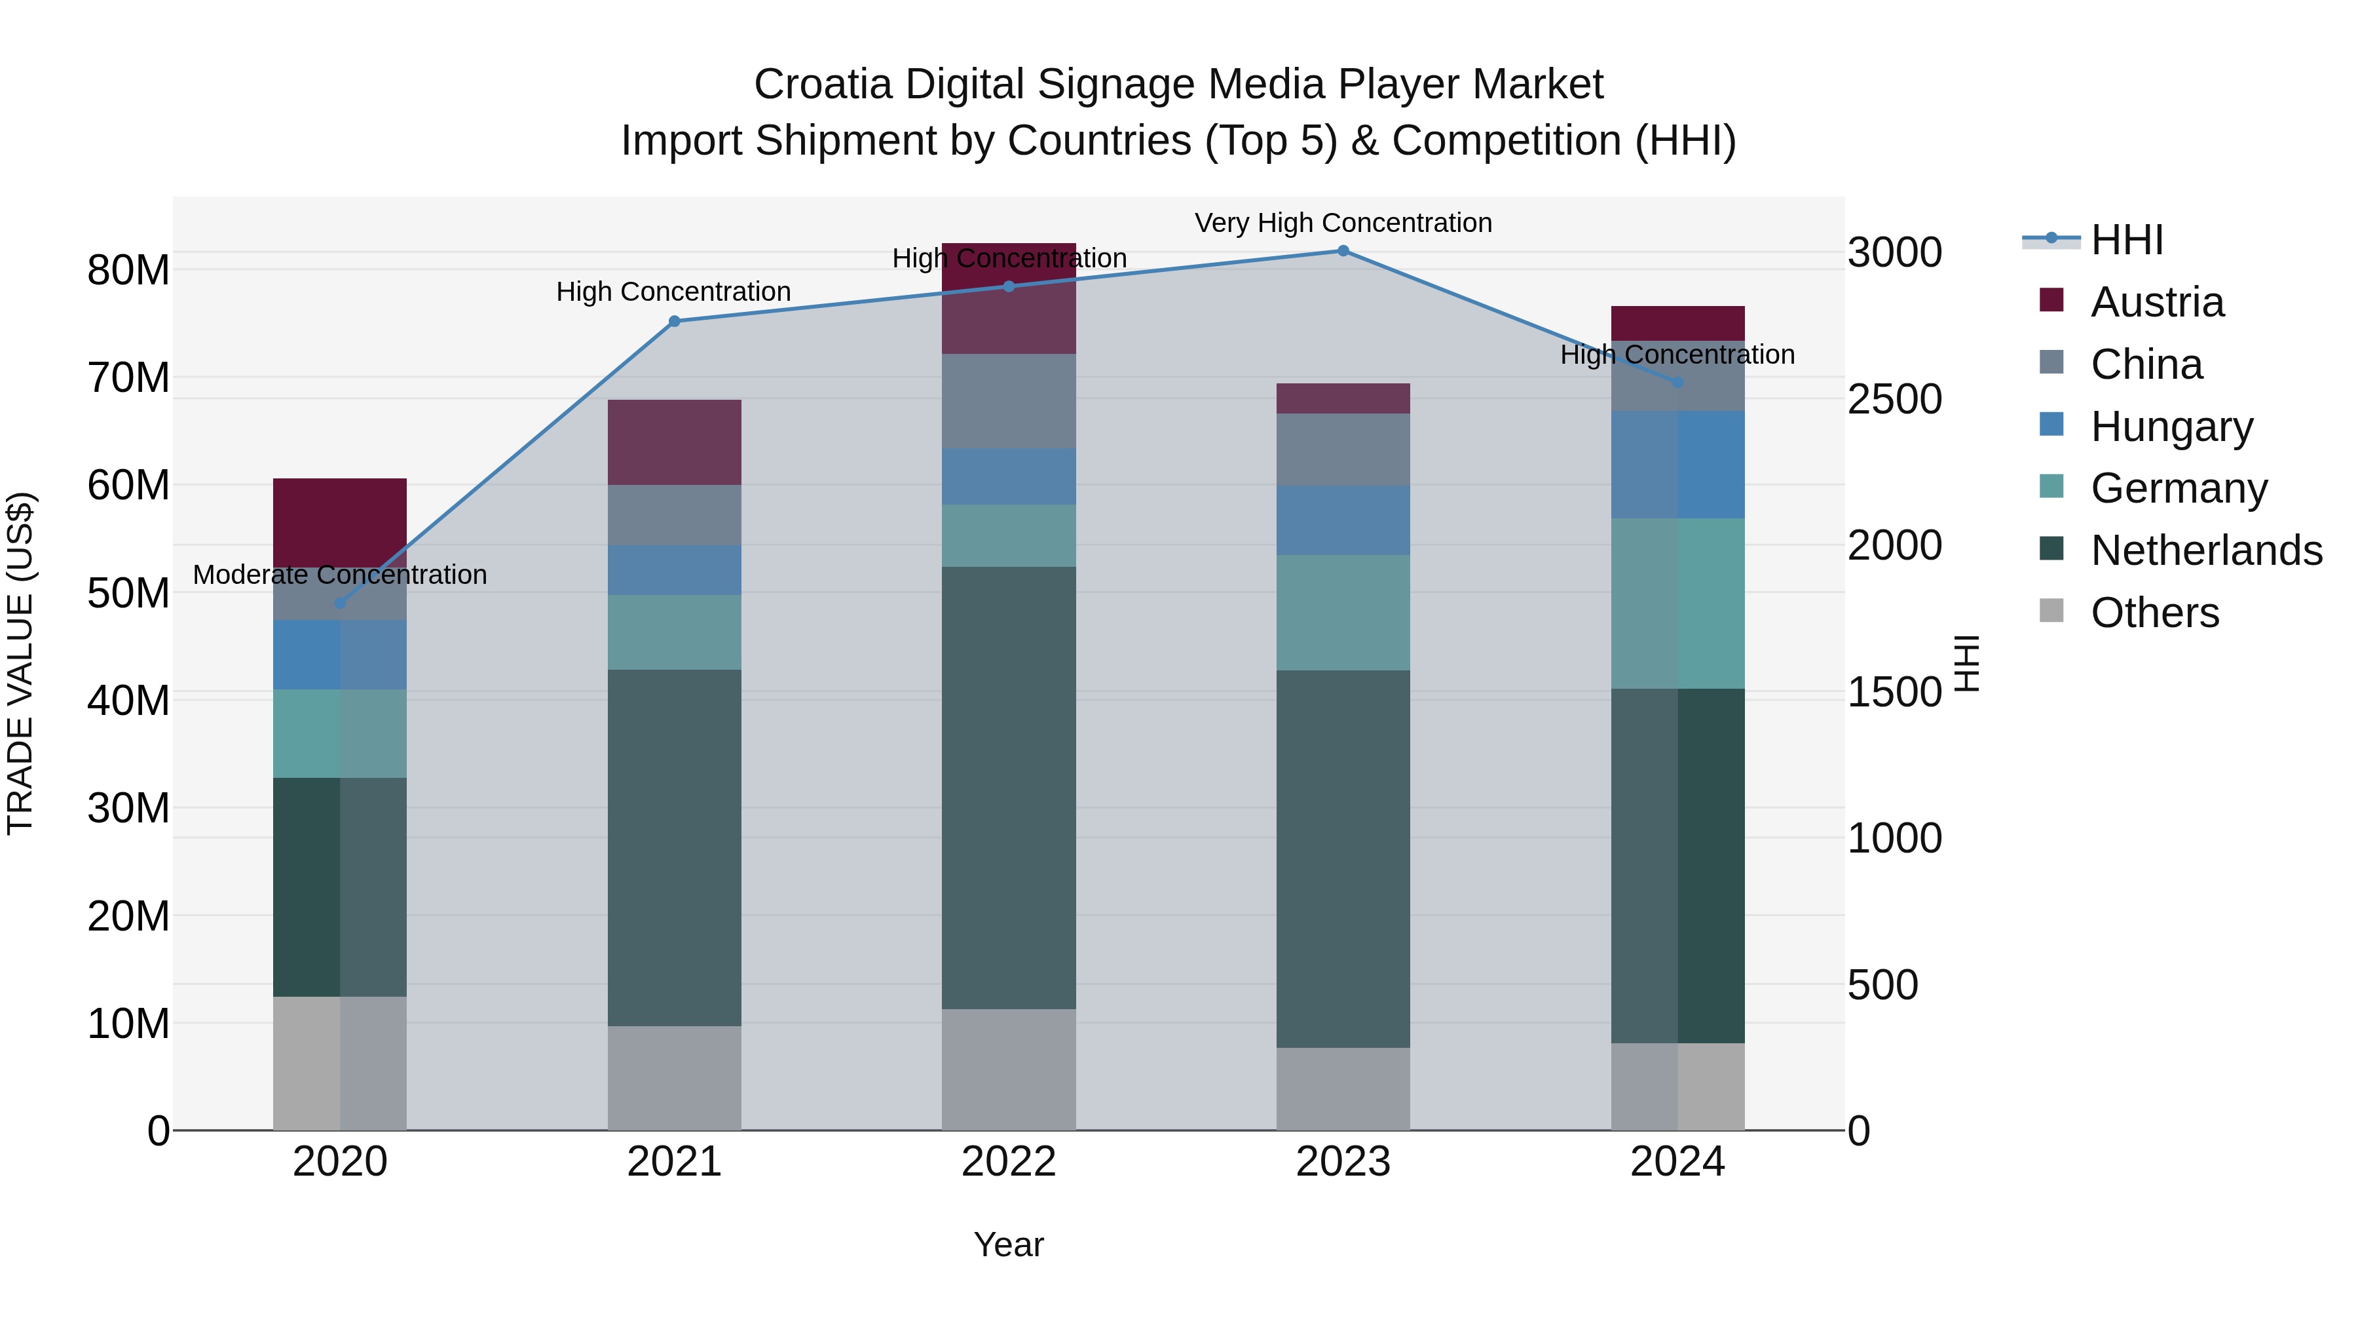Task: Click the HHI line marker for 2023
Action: [1343, 251]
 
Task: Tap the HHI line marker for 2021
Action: [675, 322]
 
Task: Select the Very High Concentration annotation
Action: [1343, 223]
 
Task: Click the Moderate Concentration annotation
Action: [339, 575]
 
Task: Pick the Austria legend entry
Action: [2157, 302]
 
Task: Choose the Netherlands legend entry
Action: [2206, 550]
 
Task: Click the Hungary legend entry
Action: [2171, 427]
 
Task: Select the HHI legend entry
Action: [2126, 240]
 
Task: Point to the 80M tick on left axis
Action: [128, 270]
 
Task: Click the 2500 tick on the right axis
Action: [1894, 399]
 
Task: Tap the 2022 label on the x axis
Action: [1009, 1162]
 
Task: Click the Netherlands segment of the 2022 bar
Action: [1009, 788]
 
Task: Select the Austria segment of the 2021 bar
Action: [675, 442]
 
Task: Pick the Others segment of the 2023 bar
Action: [1343, 1089]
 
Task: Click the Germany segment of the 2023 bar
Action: [1343, 613]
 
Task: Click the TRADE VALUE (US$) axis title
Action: [20, 663]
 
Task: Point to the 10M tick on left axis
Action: [128, 1024]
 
